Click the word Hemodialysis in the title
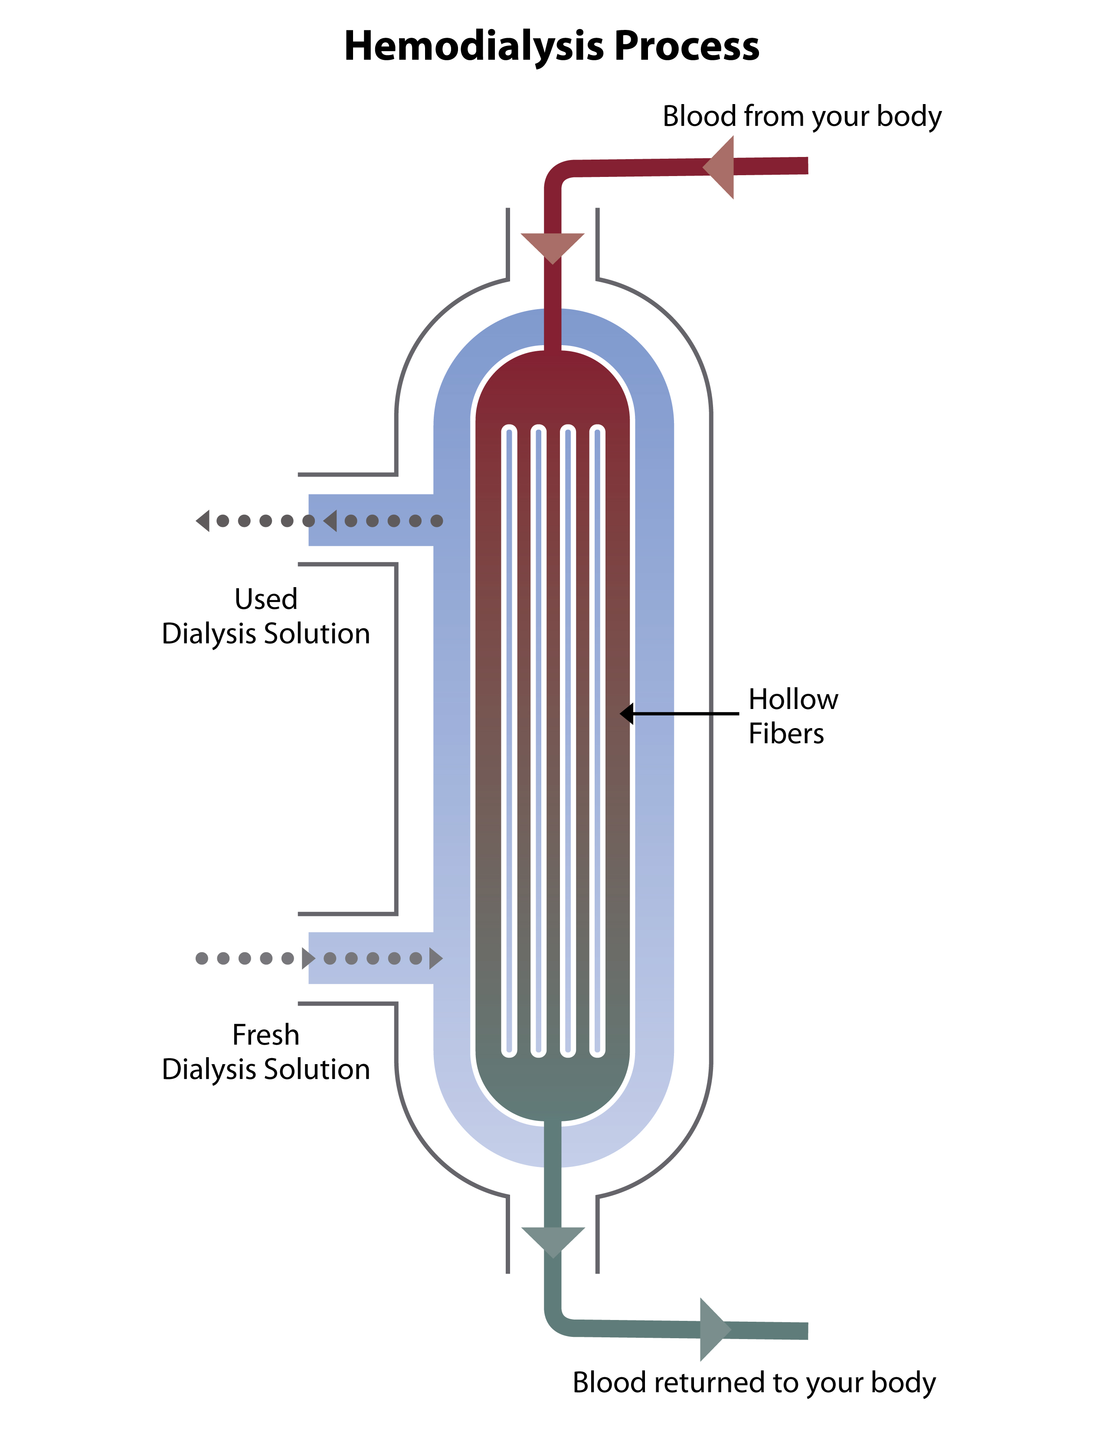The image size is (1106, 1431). [474, 47]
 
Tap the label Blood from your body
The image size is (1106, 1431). [802, 117]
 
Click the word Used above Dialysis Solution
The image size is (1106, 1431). [265, 599]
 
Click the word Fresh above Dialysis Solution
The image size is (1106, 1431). [265, 1035]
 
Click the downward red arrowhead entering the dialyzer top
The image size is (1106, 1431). [552, 246]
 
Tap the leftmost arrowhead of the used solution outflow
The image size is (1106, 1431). [203, 521]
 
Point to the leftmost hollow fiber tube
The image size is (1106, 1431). [509, 740]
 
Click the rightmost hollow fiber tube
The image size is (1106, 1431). [597, 740]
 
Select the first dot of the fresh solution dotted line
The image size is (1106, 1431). [202, 959]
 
